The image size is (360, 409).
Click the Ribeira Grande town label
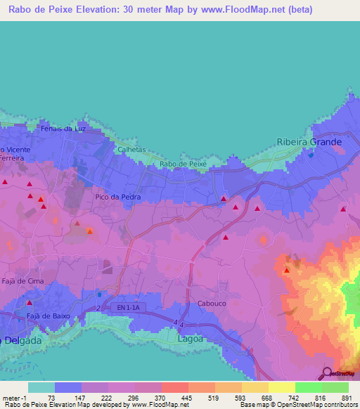(309, 142)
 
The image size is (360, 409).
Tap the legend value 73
(51, 397)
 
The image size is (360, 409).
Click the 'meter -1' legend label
(13, 397)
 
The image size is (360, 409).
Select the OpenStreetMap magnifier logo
(325, 373)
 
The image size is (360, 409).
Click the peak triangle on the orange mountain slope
(286, 271)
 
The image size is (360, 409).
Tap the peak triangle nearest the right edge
(343, 209)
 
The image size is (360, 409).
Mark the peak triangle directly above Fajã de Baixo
(29, 302)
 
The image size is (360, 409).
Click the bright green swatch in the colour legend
(309, 387)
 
